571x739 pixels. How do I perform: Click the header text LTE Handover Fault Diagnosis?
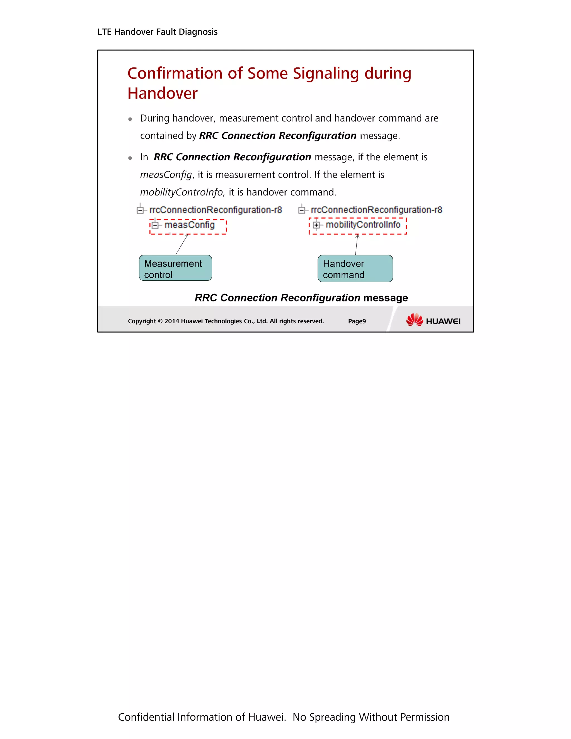157,32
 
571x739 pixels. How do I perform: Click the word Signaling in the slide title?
325,74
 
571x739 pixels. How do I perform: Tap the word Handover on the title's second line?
162,93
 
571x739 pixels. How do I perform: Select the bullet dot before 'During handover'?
130,119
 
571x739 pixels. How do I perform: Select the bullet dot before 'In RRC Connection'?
130,158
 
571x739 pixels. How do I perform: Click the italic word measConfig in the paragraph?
166,175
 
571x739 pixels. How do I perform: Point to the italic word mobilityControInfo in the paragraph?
182,192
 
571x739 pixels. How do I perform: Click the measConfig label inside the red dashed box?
189,225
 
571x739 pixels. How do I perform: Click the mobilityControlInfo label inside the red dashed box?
363,225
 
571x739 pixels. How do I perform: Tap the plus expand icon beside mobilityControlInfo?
316,225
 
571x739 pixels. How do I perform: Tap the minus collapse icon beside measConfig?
155,225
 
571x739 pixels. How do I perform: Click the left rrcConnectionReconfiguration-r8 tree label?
216,210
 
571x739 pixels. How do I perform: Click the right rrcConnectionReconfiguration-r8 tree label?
376,210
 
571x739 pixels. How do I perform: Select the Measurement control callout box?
175,268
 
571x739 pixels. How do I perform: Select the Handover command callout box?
355,269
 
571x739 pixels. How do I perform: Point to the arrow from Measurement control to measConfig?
182,244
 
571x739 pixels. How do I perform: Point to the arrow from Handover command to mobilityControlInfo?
357,244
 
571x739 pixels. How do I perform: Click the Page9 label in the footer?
357,321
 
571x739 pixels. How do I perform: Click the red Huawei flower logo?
414,320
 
